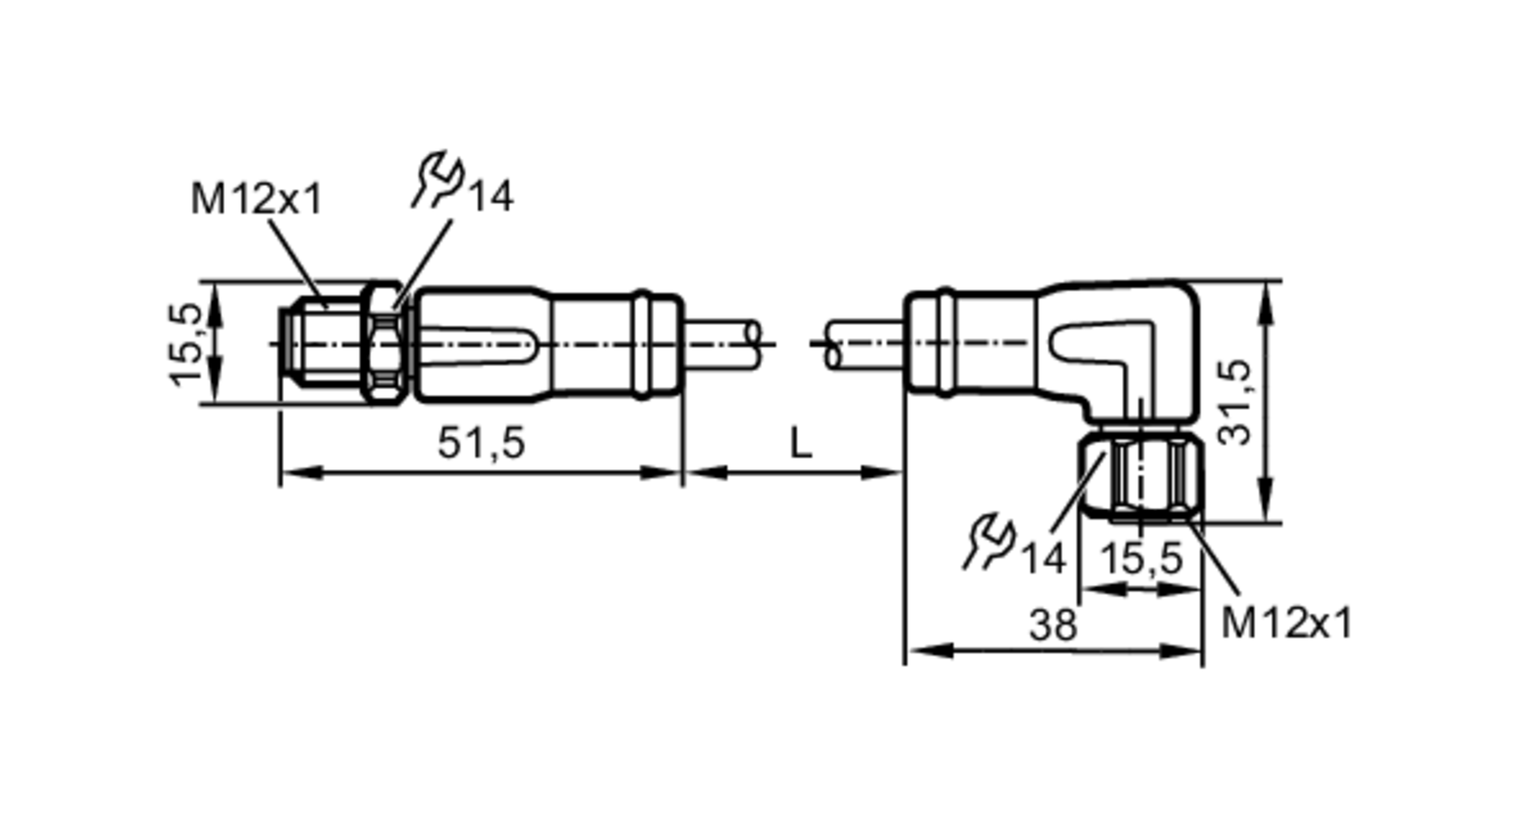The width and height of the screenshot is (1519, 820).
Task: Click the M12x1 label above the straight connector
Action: (256, 200)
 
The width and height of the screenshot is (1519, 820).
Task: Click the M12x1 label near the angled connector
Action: (1287, 623)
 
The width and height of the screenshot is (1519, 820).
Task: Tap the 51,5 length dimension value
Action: (481, 443)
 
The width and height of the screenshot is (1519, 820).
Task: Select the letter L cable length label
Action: (801, 443)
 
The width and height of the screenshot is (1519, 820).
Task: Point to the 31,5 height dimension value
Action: (1234, 402)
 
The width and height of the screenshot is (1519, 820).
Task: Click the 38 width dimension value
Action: (1053, 626)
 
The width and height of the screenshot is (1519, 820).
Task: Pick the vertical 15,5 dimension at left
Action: (185, 344)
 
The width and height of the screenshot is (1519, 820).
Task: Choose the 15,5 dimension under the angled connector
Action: (1141, 559)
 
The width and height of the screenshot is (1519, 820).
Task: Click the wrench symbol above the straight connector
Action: (439, 179)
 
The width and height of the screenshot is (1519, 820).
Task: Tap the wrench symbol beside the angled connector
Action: (990, 541)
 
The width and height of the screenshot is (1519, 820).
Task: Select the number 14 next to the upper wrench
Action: (491, 197)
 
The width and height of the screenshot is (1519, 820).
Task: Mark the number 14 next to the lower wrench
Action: (1043, 559)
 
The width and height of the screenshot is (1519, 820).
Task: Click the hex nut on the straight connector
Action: (384, 343)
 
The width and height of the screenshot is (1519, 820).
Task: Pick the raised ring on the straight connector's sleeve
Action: (642, 344)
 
